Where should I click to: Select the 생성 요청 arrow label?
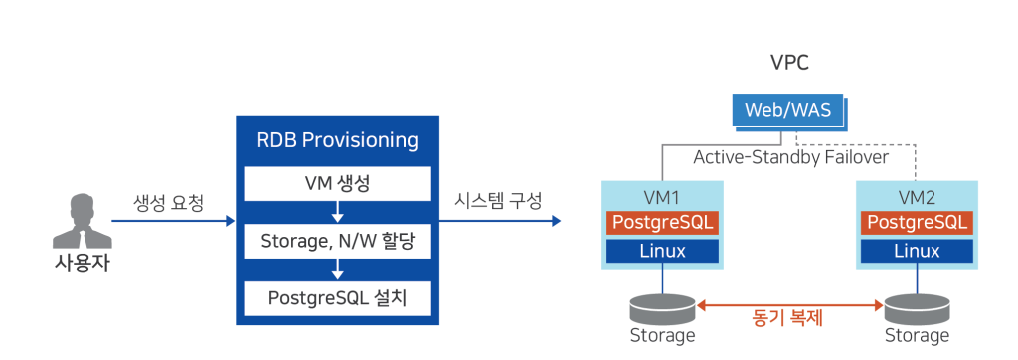[x=169, y=204]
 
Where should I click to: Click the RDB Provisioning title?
[x=339, y=140]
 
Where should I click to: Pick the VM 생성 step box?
[x=339, y=184]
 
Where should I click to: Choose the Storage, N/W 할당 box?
[x=339, y=241]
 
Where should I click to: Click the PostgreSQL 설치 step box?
[x=339, y=297]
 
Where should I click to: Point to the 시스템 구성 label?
[x=498, y=202]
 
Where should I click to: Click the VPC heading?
[x=790, y=64]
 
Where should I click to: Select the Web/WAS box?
[x=789, y=110]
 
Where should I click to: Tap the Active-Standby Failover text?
[x=790, y=157]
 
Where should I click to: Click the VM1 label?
[x=661, y=196]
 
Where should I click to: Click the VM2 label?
[x=917, y=196]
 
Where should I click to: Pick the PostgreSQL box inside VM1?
[x=661, y=222]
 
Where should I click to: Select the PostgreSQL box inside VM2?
[x=917, y=222]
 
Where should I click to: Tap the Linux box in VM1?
[x=661, y=251]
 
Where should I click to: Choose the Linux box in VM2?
[x=917, y=251]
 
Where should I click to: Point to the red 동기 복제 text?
[x=789, y=319]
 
